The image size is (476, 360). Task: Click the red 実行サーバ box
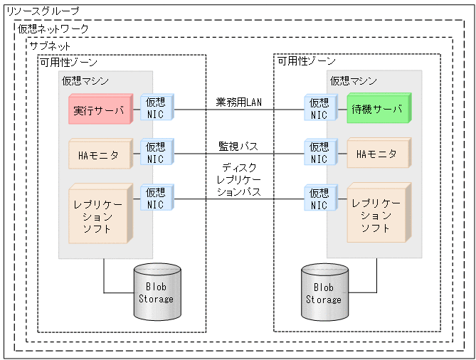98,110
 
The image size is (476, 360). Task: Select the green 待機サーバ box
376,110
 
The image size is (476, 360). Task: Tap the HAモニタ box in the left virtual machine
98,154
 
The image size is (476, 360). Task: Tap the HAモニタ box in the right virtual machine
376,154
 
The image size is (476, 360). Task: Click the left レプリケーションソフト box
98,211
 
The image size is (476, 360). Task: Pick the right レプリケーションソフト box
376,211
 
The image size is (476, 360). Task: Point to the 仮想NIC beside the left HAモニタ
157,153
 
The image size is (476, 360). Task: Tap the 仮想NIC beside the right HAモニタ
319,153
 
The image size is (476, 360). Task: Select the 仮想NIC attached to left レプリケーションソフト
157,198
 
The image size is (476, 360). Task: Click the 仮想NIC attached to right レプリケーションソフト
319,198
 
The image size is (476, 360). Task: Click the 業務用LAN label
238,102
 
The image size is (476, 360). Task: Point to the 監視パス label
238,146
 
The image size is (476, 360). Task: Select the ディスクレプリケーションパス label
238,179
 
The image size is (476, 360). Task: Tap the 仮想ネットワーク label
53,29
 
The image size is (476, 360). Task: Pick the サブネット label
50,46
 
